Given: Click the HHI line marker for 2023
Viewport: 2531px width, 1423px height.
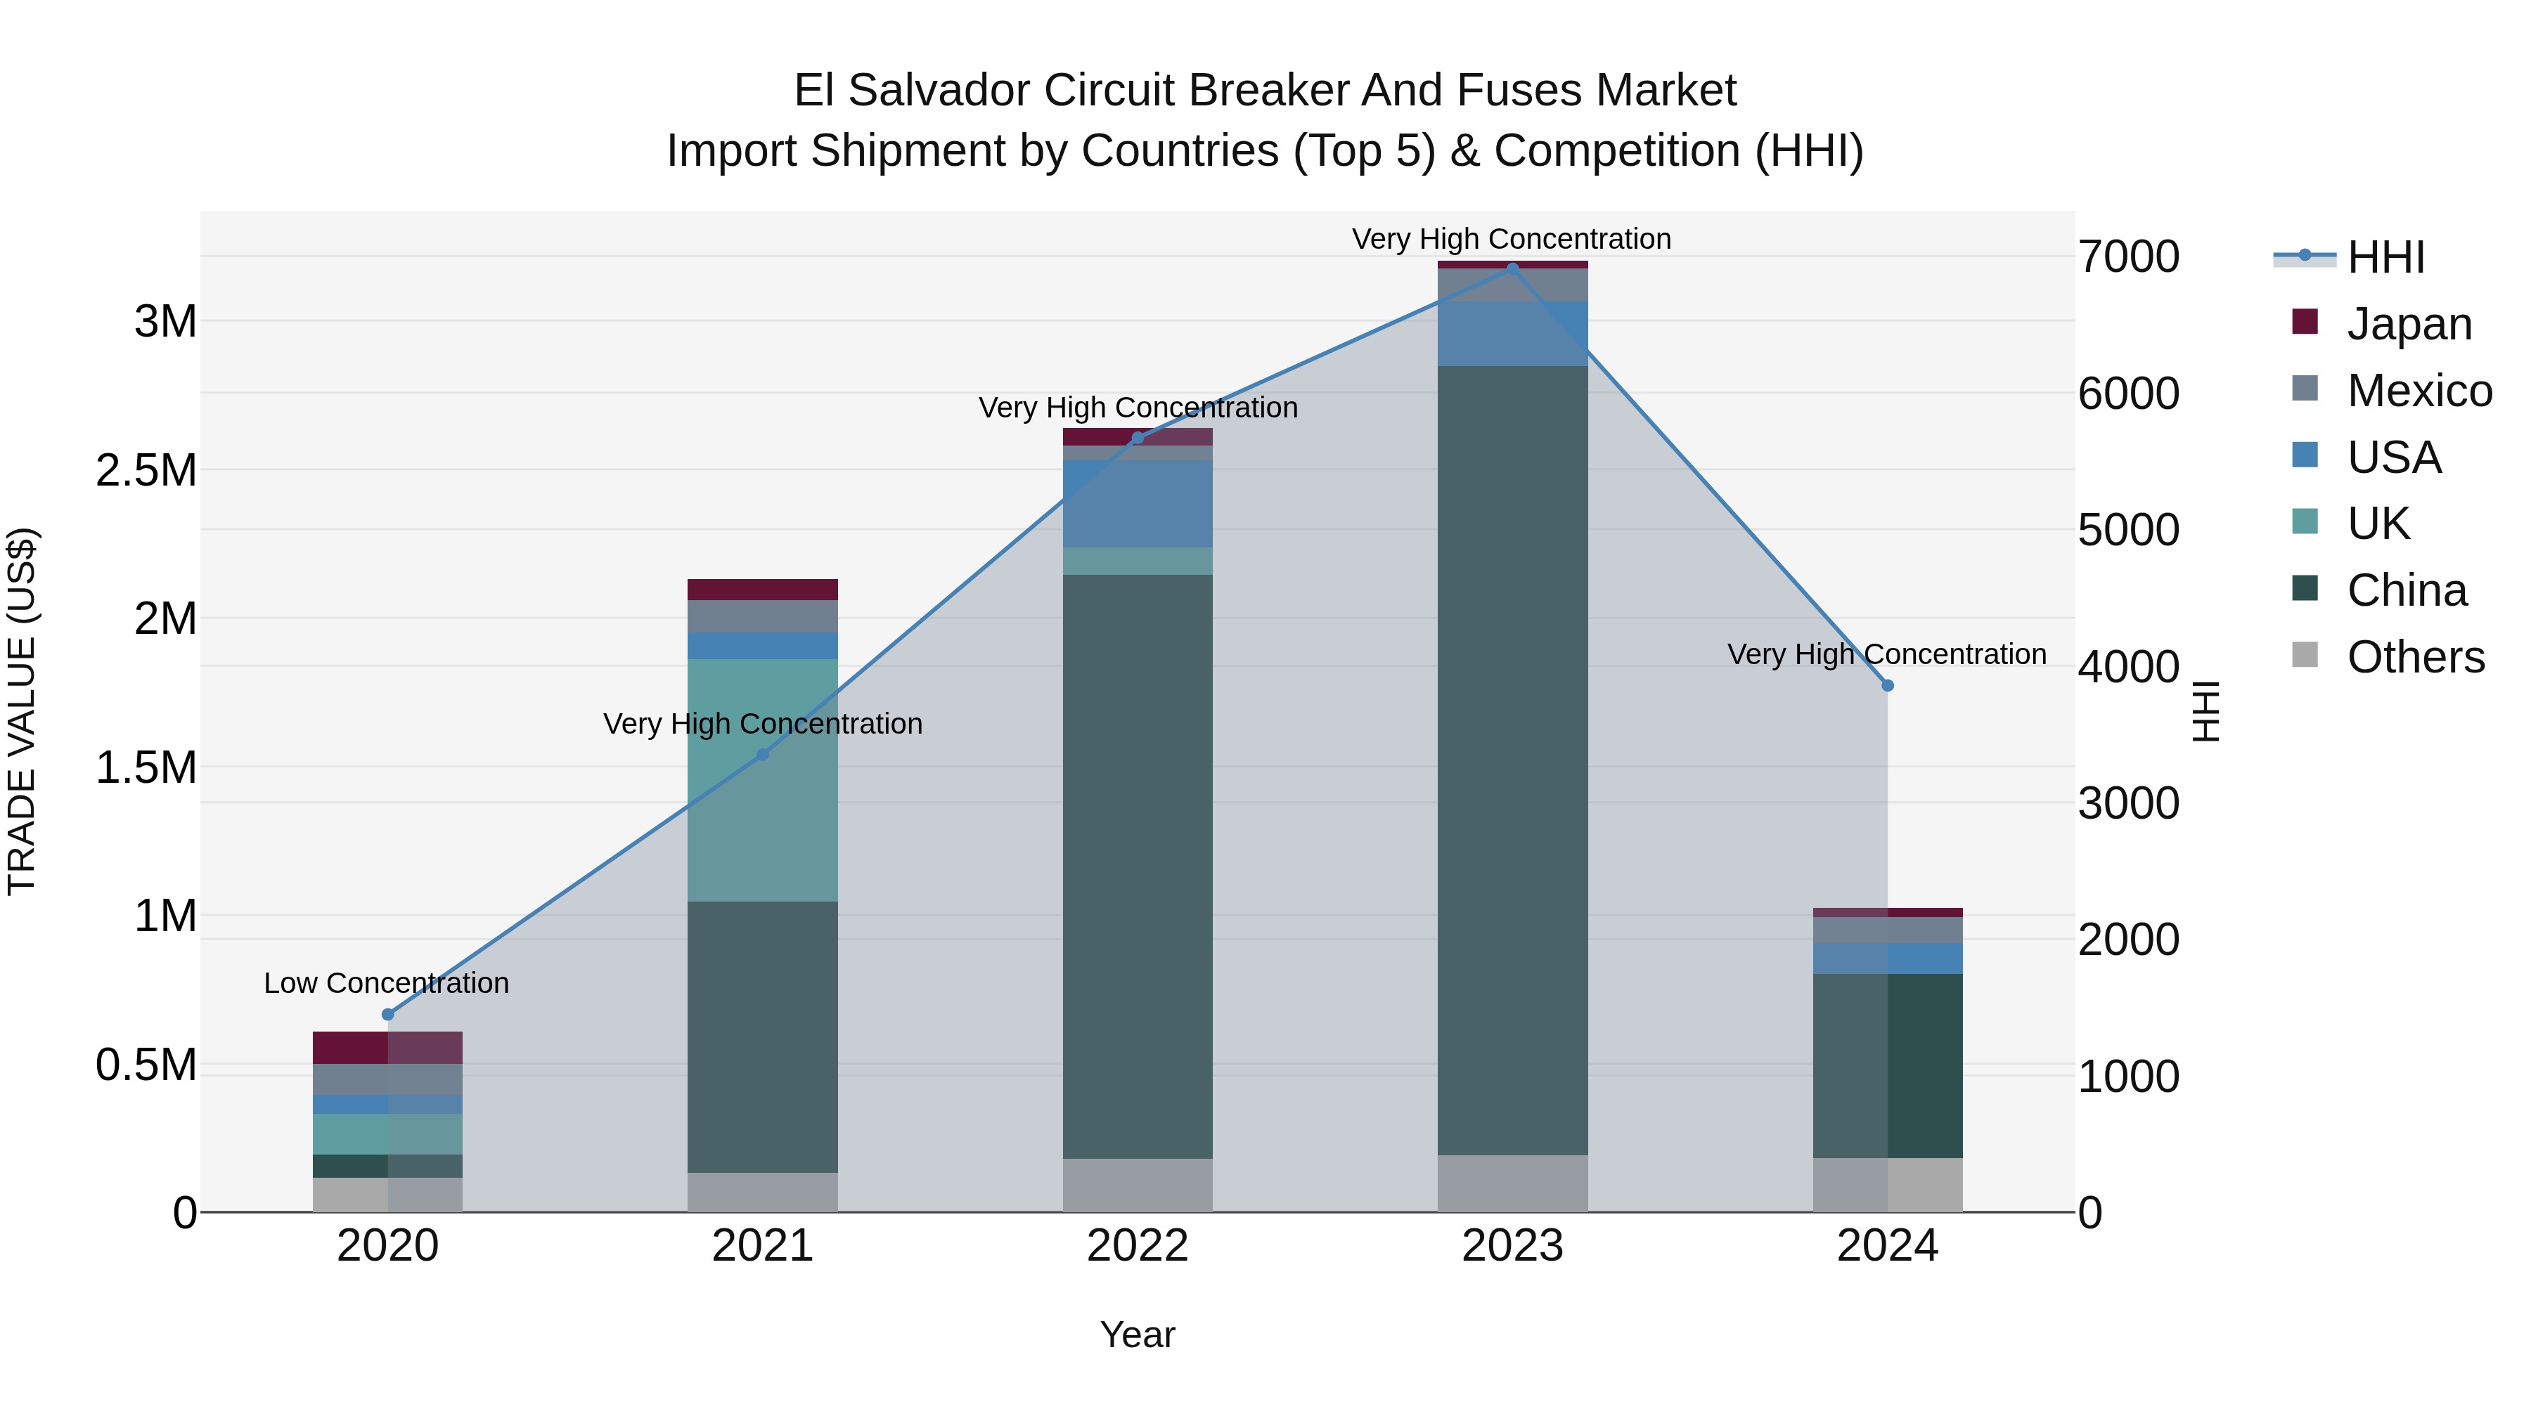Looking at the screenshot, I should click(1512, 268).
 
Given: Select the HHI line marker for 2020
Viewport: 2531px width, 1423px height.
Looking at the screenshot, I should click(387, 1015).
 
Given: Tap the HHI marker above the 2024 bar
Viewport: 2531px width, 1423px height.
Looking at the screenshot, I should click(1888, 685).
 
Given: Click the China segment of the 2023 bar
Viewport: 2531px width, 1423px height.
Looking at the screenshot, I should click(1512, 761).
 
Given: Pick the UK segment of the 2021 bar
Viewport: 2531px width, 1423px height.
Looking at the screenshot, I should click(762, 781).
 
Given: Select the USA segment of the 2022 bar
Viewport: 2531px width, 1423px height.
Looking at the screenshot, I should click(1138, 504).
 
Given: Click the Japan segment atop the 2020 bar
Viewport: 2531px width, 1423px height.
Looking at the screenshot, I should click(387, 1048).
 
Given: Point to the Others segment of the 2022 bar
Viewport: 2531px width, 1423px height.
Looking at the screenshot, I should click(1138, 1185).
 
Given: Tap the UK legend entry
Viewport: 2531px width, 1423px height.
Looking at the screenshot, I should click(2378, 524).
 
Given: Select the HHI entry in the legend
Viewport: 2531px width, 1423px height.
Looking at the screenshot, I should click(2385, 257).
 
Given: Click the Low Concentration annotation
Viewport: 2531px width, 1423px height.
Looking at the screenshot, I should click(386, 983).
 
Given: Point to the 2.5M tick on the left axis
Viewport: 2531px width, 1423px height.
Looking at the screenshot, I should click(146, 470).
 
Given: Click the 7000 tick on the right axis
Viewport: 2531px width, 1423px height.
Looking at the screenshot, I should click(2129, 257).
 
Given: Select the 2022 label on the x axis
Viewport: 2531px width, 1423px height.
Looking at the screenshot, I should click(1138, 1246).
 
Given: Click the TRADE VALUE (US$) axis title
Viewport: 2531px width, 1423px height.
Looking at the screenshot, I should click(22, 712).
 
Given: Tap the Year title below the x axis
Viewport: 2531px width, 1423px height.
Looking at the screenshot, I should click(1138, 1334).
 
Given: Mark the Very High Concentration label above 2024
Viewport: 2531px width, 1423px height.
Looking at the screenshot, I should click(1886, 654).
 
